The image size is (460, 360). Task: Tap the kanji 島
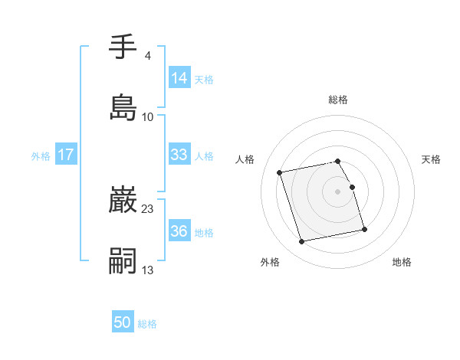[x=123, y=107]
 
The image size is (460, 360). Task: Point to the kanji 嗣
[x=123, y=260]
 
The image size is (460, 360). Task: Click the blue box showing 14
[x=179, y=77]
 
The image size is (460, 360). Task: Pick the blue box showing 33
[x=179, y=155]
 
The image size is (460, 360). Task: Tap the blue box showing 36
[x=179, y=231]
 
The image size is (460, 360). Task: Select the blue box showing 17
[x=66, y=155]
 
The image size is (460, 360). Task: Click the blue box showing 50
[x=123, y=322]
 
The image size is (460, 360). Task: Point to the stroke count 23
[x=148, y=208]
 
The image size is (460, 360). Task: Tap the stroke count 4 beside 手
[x=147, y=56]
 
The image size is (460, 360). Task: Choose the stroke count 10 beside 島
[x=148, y=116]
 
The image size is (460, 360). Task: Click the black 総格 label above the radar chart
[x=338, y=100]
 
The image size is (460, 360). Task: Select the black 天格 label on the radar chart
[x=431, y=159]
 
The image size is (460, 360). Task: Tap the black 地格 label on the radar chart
[x=402, y=263]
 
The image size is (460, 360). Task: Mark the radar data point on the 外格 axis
[x=302, y=242]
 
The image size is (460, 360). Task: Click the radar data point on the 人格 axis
[x=280, y=172]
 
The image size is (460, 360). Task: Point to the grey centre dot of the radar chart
[x=338, y=191]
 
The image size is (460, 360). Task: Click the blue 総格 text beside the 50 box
[x=147, y=324]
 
